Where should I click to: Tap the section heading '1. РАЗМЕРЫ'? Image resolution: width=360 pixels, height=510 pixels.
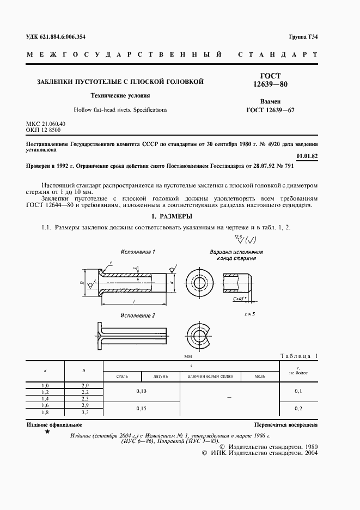[x=180, y=216]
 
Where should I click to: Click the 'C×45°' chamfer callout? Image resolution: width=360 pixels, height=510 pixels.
[x=239, y=300]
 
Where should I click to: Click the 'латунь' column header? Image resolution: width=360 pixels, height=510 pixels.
[x=161, y=377]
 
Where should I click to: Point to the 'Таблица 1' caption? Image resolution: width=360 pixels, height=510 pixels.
[x=298, y=356]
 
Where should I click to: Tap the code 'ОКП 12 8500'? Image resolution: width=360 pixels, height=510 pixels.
[x=44, y=130]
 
